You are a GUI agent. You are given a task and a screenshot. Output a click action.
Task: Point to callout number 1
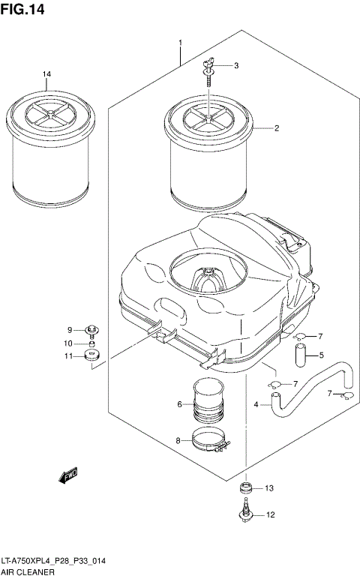point(181,42)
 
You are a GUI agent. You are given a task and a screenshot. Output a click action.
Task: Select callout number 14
point(46,73)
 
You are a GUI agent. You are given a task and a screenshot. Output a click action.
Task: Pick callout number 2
point(276,128)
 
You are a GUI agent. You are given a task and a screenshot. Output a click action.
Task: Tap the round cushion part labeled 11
point(93,355)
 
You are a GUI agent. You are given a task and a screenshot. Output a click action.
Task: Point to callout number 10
point(68,343)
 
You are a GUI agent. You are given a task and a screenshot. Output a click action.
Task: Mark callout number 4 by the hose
point(256,406)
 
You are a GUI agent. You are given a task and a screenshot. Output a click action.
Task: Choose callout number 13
point(270,488)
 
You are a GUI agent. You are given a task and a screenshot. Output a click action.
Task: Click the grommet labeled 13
point(245,489)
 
